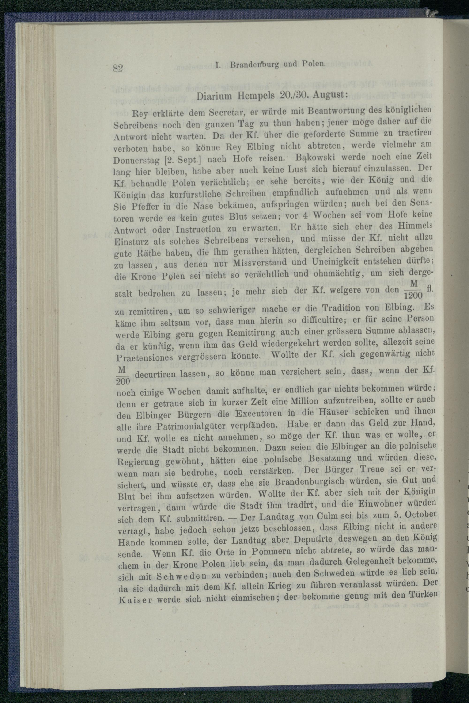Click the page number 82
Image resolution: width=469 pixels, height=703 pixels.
tap(118, 68)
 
